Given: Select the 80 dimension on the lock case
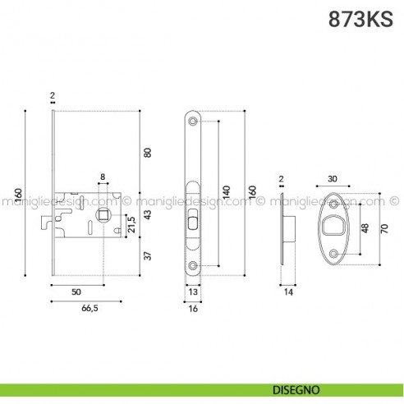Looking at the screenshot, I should coord(148,153).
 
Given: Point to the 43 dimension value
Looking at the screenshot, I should coord(148,214).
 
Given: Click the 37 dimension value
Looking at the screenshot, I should coord(148,255).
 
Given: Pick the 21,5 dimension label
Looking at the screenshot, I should coord(131,224).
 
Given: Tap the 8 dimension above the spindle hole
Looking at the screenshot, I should coord(103,177).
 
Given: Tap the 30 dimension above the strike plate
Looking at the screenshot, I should coord(333,179).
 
